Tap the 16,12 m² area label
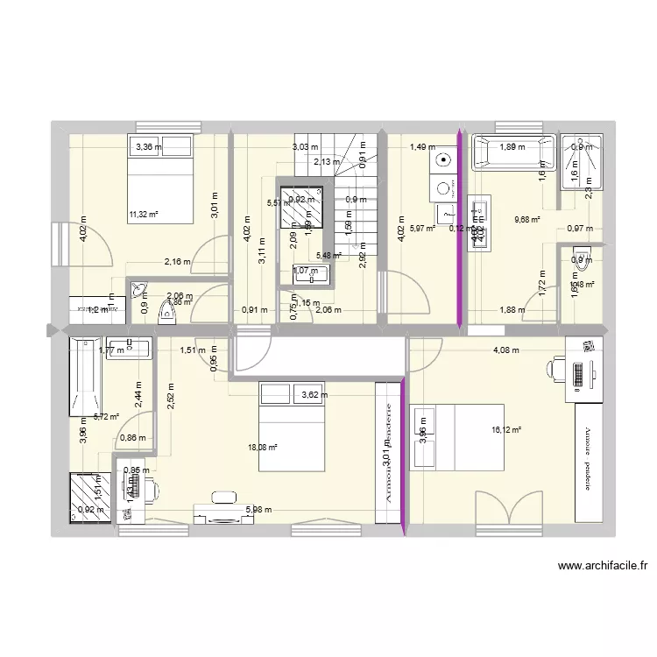(507, 430)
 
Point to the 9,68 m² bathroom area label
(526, 221)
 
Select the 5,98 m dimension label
(258, 510)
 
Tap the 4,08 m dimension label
(505, 350)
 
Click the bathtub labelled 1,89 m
(513, 152)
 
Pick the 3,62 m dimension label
(315, 395)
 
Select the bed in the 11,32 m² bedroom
(163, 179)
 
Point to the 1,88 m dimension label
(508, 307)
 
